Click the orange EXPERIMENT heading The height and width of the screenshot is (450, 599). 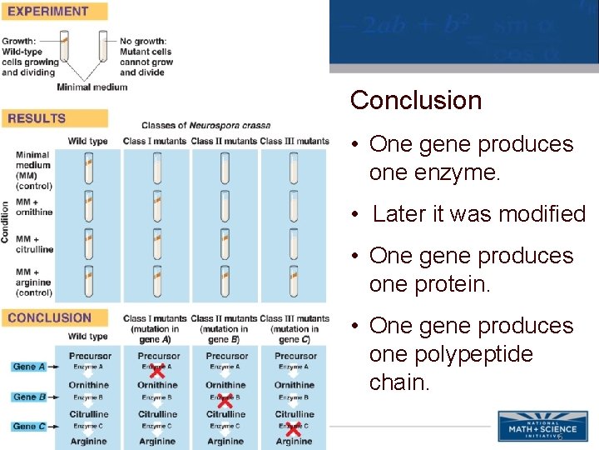coord(48,12)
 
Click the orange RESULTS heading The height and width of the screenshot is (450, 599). coord(37,118)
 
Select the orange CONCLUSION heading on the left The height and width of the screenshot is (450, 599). coord(49,317)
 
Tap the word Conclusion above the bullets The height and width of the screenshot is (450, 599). coord(416,101)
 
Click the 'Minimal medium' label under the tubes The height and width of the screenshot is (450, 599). coord(92,87)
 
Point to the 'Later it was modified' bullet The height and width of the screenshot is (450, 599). coord(479,214)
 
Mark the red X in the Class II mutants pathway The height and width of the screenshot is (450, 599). coord(225,400)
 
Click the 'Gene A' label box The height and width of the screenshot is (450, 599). coord(29,367)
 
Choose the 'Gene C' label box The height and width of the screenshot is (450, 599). coord(29,427)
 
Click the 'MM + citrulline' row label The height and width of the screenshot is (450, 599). coord(33,244)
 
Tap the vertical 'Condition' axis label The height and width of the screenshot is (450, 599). coord(6,222)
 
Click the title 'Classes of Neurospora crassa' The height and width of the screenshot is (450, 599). coord(205,126)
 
